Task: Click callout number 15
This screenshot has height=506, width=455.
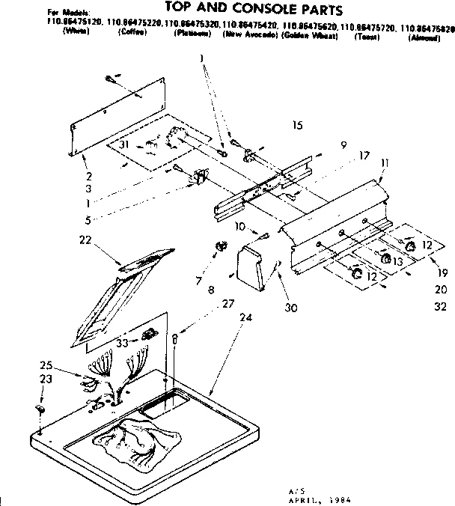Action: [x=297, y=126]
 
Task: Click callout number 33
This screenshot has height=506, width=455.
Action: [x=123, y=343]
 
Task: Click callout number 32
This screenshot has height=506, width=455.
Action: [x=440, y=305]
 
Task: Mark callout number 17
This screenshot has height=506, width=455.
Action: [x=364, y=156]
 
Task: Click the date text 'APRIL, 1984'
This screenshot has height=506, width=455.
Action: [x=326, y=499]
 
